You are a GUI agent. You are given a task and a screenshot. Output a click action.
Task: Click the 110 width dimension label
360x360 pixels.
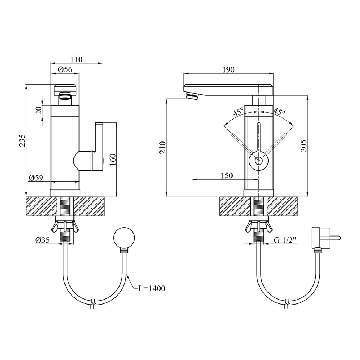(76, 59)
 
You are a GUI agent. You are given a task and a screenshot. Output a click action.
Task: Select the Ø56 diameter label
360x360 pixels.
(65, 69)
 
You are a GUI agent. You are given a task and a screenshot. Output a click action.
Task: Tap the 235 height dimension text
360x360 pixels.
(22, 140)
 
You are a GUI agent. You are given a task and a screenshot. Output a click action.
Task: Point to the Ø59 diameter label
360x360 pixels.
(36, 178)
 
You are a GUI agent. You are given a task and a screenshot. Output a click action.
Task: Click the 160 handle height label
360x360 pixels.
(113, 160)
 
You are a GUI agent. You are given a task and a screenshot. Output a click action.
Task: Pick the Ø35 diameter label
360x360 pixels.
(42, 240)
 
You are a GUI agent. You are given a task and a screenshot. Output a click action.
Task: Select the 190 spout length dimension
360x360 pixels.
(229, 69)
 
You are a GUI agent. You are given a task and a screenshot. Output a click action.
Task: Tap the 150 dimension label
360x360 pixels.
(226, 176)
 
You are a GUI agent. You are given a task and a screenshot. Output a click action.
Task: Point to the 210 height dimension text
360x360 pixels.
(163, 148)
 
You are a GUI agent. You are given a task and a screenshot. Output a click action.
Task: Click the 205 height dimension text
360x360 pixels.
(304, 145)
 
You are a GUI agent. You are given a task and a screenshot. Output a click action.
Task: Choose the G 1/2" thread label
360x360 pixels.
(285, 240)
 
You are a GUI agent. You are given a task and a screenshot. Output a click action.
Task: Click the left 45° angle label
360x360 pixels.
(238, 112)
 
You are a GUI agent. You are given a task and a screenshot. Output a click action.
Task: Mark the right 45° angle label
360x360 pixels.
(279, 112)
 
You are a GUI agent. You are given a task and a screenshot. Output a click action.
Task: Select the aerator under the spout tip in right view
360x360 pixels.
(192, 95)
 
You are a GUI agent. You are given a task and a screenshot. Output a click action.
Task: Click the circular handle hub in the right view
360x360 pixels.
(259, 161)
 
